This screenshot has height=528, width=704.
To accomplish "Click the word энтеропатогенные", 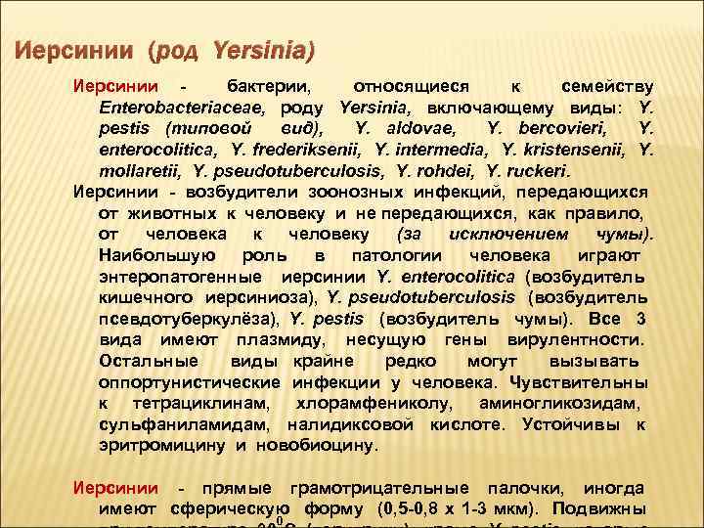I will (x=172, y=276).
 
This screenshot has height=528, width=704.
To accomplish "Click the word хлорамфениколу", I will (x=375, y=403).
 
